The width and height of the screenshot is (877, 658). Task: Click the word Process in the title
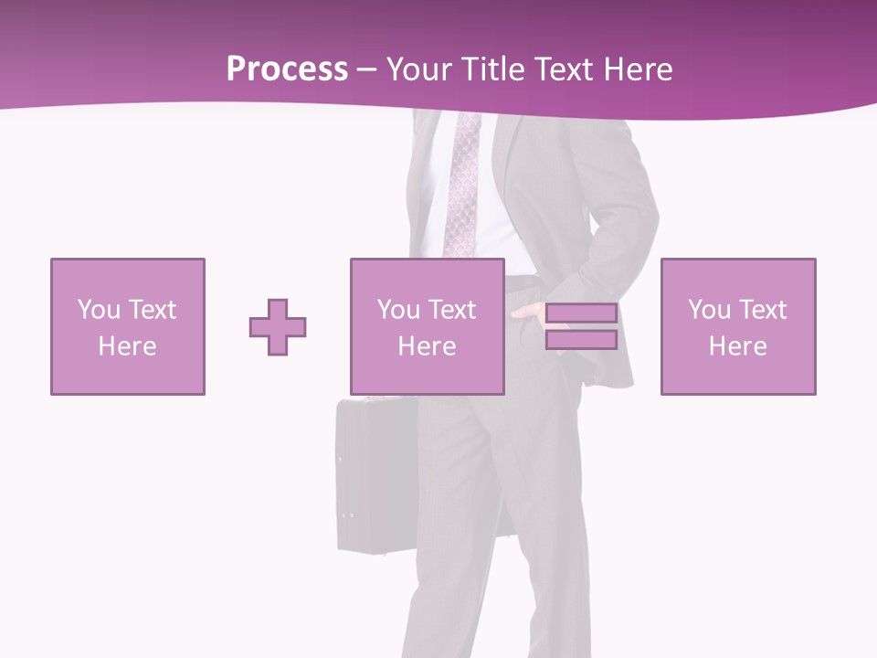[x=287, y=69]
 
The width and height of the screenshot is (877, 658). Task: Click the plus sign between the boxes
[x=278, y=327]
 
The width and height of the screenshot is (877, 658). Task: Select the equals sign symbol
[x=581, y=327]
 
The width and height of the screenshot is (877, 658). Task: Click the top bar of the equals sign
[x=581, y=314]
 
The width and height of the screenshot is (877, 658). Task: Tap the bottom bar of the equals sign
[x=581, y=340]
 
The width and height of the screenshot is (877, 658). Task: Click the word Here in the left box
[x=127, y=346]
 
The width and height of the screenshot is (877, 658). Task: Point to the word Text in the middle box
[x=452, y=310]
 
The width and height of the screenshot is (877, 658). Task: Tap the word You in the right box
[x=709, y=310]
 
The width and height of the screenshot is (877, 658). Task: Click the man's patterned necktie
[x=463, y=183]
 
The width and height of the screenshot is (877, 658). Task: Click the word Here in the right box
[x=737, y=346]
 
